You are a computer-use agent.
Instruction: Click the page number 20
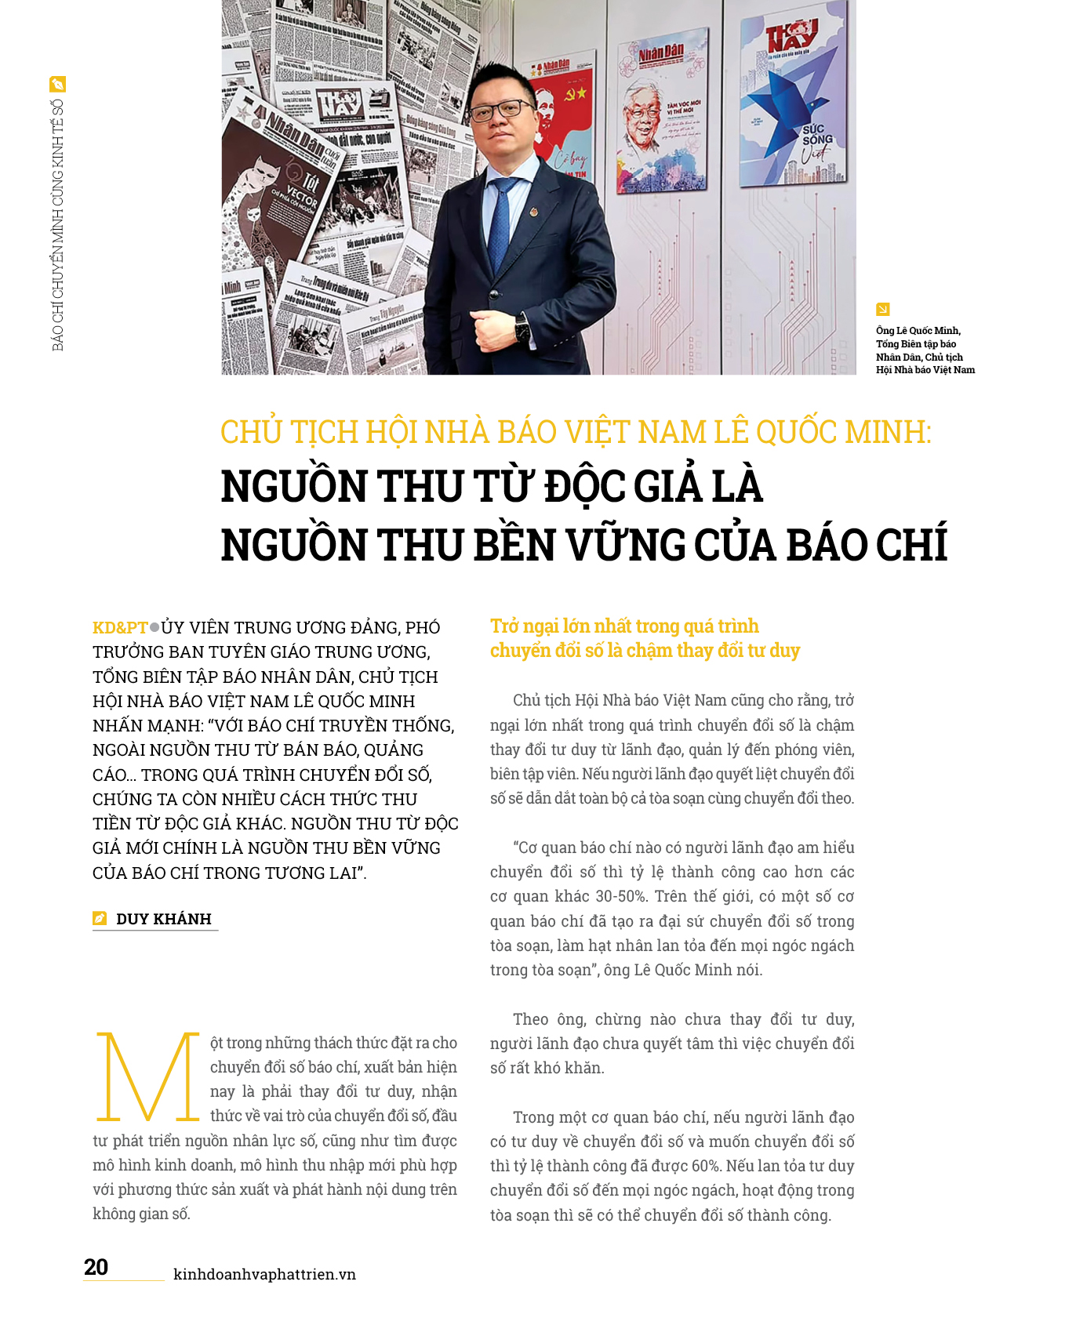click(x=96, y=1267)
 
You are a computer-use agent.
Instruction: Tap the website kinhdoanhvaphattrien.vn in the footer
click(x=264, y=1275)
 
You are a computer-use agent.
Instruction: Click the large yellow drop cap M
click(x=147, y=1077)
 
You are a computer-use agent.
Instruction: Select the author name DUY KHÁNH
click(x=164, y=919)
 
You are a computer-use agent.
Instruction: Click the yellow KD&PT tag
click(x=120, y=628)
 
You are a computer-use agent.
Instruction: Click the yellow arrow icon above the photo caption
click(x=882, y=310)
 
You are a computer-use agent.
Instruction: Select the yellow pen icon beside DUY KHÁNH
click(x=100, y=919)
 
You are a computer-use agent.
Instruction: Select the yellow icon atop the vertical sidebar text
click(x=57, y=85)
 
